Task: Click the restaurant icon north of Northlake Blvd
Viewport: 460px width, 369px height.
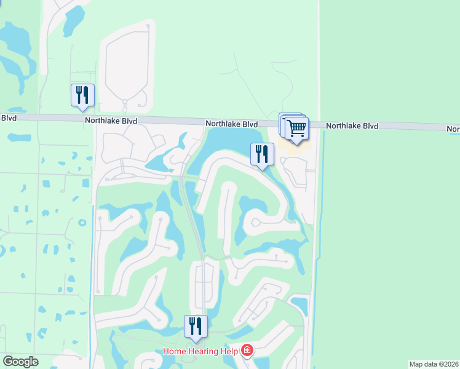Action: click(82, 95)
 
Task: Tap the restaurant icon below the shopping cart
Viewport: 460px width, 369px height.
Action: click(262, 154)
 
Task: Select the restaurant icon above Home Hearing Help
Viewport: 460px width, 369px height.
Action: click(196, 327)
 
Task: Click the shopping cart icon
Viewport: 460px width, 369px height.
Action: click(296, 128)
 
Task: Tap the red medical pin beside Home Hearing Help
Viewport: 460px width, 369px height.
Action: click(247, 351)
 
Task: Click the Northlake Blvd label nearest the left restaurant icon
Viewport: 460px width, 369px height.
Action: click(111, 122)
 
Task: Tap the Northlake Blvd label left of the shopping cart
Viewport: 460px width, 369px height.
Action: click(231, 124)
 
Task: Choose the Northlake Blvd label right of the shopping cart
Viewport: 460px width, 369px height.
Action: click(352, 125)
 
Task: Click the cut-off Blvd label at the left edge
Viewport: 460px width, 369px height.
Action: click(8, 118)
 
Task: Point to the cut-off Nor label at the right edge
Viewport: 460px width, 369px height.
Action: click(453, 129)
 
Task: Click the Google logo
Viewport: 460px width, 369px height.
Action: click(20, 362)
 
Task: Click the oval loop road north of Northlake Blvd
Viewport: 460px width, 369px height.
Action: click(126, 68)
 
